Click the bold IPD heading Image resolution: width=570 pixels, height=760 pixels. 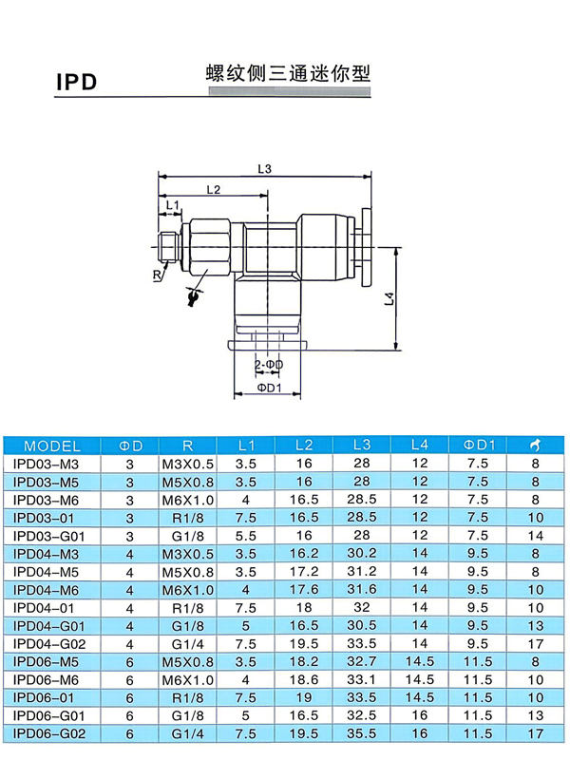click(x=77, y=82)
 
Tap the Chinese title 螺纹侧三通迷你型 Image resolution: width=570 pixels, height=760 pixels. click(x=289, y=73)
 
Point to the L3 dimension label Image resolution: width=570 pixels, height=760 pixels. click(x=265, y=169)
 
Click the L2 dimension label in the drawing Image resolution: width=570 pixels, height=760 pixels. click(x=213, y=189)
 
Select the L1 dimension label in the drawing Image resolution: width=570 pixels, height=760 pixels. click(x=173, y=205)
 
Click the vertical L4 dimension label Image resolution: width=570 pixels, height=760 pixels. click(x=389, y=298)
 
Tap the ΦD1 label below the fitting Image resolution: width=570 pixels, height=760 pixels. click(x=269, y=388)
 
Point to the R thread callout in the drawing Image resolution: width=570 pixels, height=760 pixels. click(x=157, y=275)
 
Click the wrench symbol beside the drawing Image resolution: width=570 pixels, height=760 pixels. click(x=194, y=296)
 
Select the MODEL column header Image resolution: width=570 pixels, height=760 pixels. click(x=52, y=446)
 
